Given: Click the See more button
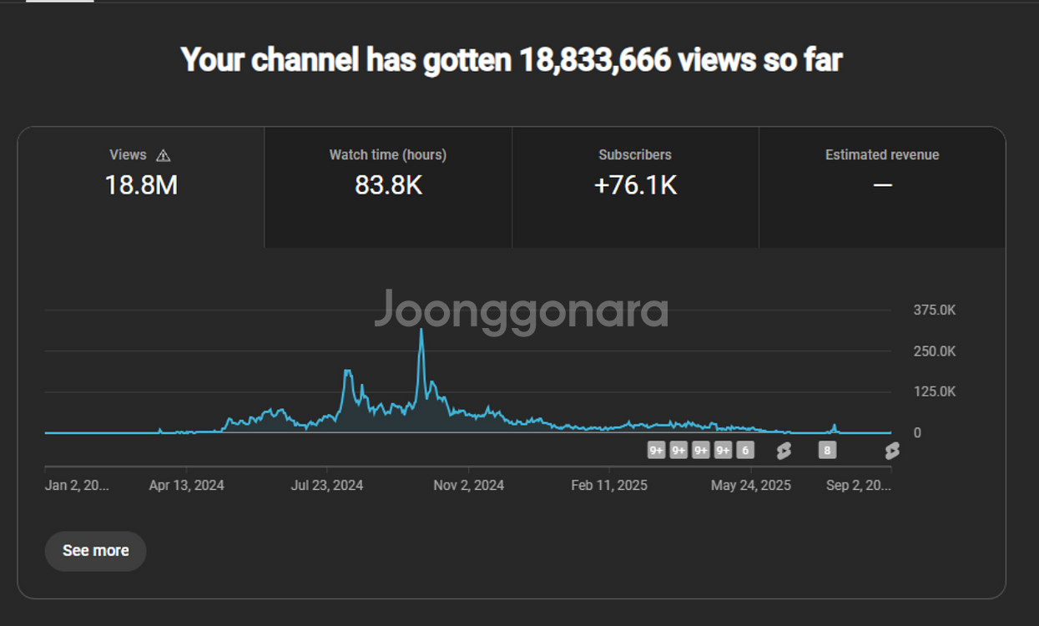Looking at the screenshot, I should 95,551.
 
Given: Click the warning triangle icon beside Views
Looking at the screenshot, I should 164,155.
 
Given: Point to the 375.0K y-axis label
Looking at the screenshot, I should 934,310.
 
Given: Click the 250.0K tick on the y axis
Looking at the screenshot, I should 934,351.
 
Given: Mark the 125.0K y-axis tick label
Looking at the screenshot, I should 934,391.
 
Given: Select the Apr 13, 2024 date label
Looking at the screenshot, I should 186,485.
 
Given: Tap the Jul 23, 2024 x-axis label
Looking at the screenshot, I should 326,485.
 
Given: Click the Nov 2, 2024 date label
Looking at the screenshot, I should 468,485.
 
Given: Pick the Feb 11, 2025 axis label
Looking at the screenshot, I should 609,485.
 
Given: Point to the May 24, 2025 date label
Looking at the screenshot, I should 751,485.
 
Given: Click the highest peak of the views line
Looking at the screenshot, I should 421,330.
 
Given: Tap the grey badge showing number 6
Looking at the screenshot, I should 745,451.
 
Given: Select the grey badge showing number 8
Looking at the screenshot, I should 827,451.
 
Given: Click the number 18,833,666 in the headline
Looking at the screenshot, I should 595,60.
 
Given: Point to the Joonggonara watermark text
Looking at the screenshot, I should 521,310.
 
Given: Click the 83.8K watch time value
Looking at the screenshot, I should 388,185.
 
